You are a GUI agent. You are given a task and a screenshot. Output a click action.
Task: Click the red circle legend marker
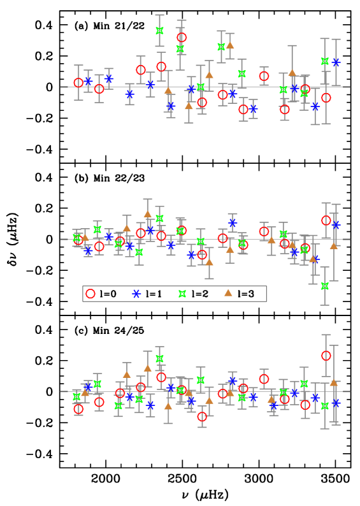pyautogui.click(x=90, y=294)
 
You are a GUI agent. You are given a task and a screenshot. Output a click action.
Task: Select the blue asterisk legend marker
pyautogui.click(x=136, y=294)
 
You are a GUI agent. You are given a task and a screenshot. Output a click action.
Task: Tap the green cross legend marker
pyautogui.click(x=182, y=294)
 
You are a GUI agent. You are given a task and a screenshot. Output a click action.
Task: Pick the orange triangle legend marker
pyautogui.click(x=228, y=293)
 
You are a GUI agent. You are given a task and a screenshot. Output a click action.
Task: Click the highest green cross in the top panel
pyautogui.click(x=160, y=31)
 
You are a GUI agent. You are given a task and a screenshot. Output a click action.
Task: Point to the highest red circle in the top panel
pyautogui.click(x=182, y=38)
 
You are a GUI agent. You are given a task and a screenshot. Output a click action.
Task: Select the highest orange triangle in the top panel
pyautogui.click(x=230, y=45)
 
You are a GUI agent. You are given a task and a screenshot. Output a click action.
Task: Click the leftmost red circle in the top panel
pyautogui.click(x=78, y=83)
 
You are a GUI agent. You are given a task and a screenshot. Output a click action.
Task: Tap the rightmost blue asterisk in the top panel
pyautogui.click(x=336, y=62)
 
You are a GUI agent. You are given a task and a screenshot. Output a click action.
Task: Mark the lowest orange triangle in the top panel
pyautogui.click(x=189, y=106)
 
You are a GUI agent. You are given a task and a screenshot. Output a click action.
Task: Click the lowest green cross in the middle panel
pyautogui.click(x=325, y=286)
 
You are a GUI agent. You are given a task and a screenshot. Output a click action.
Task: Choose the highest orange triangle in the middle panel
pyautogui.click(x=148, y=214)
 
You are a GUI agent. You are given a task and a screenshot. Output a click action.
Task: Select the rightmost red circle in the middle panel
pyautogui.click(x=326, y=220)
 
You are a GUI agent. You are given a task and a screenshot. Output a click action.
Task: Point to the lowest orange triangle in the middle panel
pyautogui.click(x=209, y=262)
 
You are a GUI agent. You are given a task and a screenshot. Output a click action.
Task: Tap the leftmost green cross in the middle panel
pyautogui.click(x=76, y=238)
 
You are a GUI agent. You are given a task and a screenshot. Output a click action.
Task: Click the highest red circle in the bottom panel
pyautogui.click(x=326, y=356)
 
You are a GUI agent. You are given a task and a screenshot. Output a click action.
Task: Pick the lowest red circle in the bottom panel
pyautogui.click(x=202, y=417)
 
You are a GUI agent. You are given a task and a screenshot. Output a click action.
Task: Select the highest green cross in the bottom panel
pyautogui.click(x=160, y=359)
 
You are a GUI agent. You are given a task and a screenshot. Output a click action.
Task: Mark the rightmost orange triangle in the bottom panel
pyautogui.click(x=334, y=382)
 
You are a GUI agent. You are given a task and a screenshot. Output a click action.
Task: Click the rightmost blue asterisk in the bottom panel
pyautogui.click(x=336, y=403)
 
